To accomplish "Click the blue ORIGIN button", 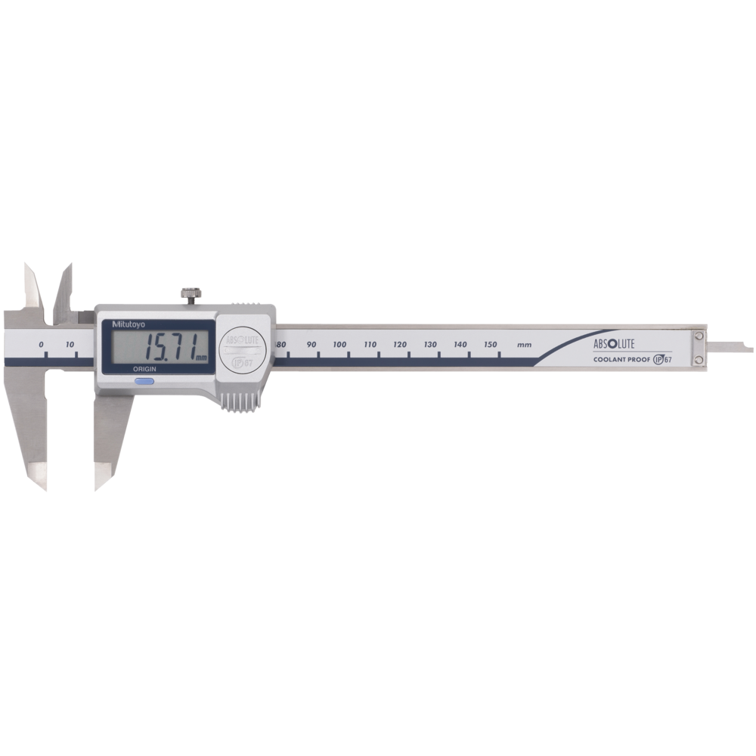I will (144, 382).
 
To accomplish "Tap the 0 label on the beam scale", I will (42, 345).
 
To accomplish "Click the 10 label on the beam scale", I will (70, 345).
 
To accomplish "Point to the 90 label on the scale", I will (311, 345).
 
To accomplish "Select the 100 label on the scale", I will (340, 345).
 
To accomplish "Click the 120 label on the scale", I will (400, 345).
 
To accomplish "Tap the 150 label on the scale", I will (491, 345).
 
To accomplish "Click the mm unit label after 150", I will (524, 345).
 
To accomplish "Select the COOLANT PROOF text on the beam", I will (620, 359).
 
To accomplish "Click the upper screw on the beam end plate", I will (699, 336).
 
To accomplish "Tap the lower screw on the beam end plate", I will (699, 359).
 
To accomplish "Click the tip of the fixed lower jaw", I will (42, 484).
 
